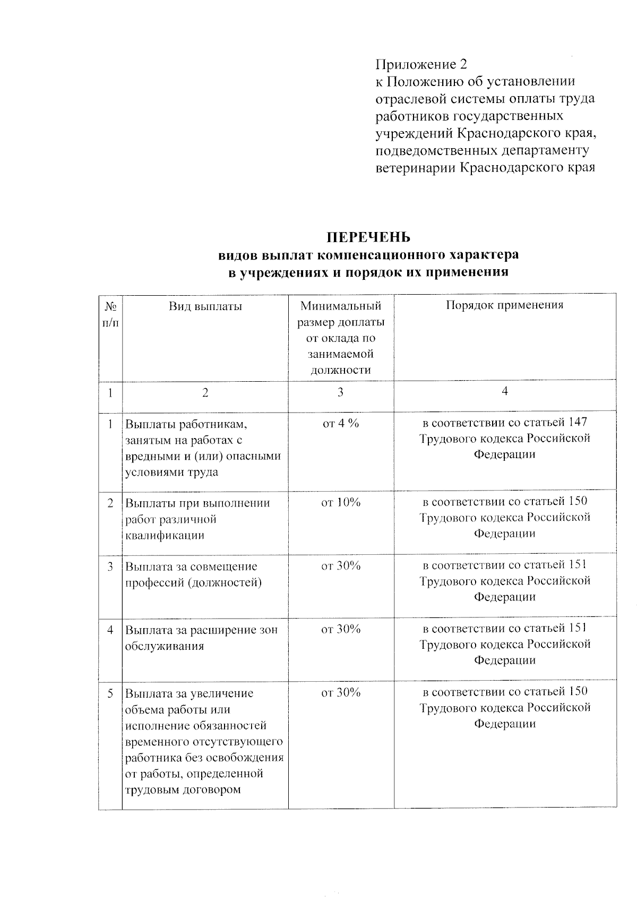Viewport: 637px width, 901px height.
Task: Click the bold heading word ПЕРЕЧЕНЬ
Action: [x=368, y=237]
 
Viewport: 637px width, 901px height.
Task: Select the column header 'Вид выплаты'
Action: [x=205, y=306]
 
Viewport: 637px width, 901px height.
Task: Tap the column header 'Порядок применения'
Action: [x=504, y=305]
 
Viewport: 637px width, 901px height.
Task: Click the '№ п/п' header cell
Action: [x=110, y=314]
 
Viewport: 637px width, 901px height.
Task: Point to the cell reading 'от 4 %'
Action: [x=341, y=423]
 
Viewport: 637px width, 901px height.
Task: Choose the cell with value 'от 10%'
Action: [x=341, y=502]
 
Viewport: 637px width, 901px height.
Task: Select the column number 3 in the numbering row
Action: [x=340, y=392]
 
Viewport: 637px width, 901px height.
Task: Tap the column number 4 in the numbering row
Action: [x=505, y=391]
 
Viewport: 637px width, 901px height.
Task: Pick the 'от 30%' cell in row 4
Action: [x=341, y=629]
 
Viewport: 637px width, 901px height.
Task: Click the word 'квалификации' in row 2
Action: [x=165, y=536]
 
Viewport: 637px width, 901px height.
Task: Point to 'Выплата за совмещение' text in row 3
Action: [x=191, y=567]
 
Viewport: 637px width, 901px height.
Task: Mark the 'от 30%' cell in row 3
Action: [x=341, y=566]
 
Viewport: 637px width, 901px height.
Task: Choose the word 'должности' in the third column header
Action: [x=340, y=370]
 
